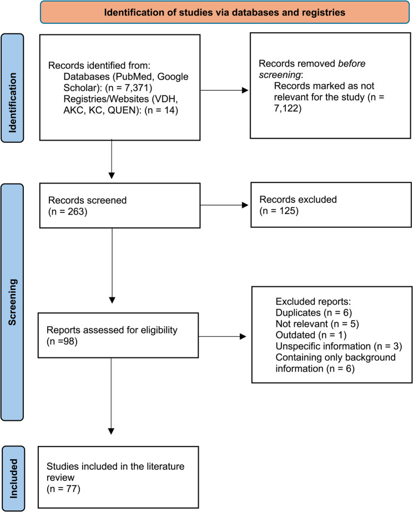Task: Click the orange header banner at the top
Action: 225,12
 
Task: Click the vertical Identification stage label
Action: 12,88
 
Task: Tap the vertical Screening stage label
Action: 12,302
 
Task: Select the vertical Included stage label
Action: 13,479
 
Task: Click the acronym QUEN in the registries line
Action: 122,110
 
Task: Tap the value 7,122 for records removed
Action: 286,108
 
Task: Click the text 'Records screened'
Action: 87,200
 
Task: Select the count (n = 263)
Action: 68,212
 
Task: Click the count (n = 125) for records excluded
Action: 279,211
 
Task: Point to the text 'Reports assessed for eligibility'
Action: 112,330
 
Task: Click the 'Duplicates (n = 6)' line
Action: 314,313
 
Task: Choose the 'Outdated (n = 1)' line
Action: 311,335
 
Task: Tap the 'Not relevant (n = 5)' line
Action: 317,324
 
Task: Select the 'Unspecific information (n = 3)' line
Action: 339,346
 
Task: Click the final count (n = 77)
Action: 63,489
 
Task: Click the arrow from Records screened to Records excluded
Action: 224,205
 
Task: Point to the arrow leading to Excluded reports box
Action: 222,336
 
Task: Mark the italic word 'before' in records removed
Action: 352,63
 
